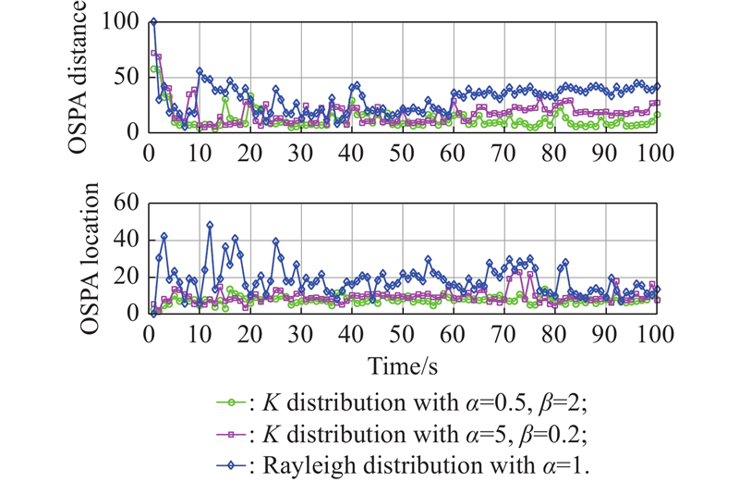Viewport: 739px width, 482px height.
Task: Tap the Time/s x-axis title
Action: pyautogui.click(x=403, y=365)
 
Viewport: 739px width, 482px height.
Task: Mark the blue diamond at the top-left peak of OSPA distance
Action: pyautogui.click(x=153, y=22)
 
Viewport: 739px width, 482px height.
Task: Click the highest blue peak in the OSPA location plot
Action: pyautogui.click(x=210, y=225)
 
